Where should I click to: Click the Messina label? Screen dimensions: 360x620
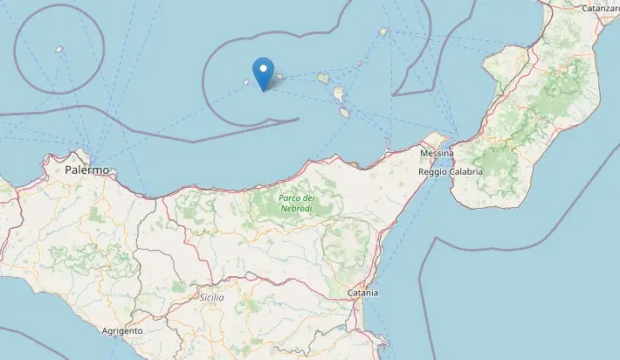click(x=437, y=154)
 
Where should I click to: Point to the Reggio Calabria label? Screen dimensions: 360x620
click(x=451, y=171)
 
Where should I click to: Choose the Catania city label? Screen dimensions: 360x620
click(x=362, y=293)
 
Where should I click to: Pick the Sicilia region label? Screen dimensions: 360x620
click(x=211, y=298)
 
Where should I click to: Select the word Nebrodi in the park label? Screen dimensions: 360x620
click(x=296, y=210)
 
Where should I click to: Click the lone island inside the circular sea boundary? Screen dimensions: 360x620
click(x=59, y=49)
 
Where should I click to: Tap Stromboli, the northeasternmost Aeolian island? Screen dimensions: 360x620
click(x=382, y=32)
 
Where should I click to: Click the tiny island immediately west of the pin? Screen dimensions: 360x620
click(x=246, y=84)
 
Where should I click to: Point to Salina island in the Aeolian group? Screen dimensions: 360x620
click(x=322, y=78)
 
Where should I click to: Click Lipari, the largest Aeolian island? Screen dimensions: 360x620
click(x=338, y=94)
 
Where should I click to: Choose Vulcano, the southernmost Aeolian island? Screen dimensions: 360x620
click(x=344, y=112)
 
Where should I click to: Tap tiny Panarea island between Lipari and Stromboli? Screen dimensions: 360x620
click(x=360, y=63)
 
